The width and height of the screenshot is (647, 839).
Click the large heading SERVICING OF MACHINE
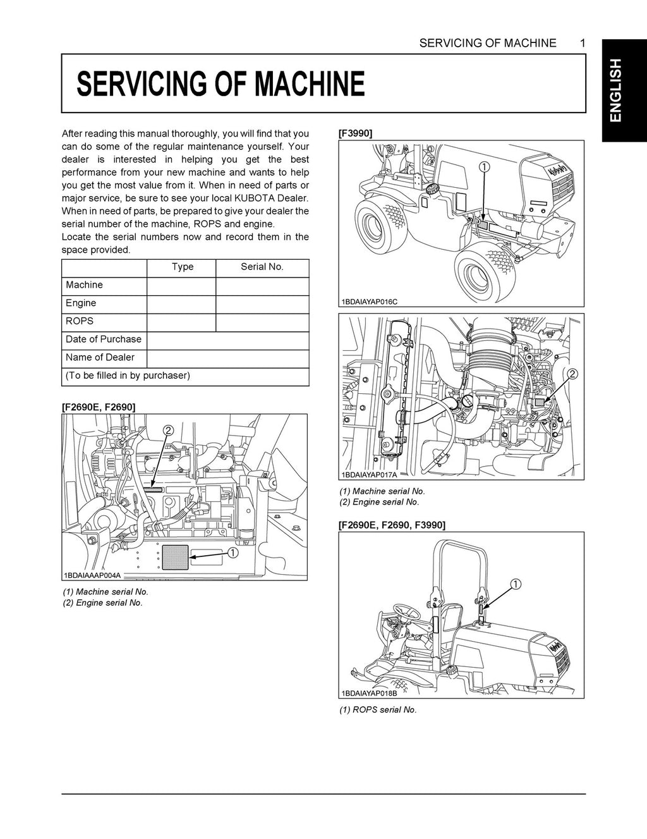[x=221, y=83]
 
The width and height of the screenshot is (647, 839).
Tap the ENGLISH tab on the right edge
[x=624, y=90]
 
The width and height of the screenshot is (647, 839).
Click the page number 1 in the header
[x=581, y=43]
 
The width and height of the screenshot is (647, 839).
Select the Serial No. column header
[x=262, y=267]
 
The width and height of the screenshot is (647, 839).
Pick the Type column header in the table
[x=182, y=267]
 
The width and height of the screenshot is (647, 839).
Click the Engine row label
[x=81, y=303]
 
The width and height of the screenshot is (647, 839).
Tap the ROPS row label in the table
[x=80, y=321]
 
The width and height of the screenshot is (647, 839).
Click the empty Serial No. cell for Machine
[x=262, y=286]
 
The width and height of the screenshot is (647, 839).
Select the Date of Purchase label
[x=104, y=340]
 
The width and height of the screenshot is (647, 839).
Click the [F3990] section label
[x=356, y=133]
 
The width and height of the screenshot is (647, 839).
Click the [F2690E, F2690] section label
[x=99, y=407]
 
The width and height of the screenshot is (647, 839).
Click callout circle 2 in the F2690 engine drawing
[x=168, y=431]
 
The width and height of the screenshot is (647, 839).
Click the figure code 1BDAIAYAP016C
[x=370, y=302]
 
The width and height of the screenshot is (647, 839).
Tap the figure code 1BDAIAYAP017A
[x=370, y=475]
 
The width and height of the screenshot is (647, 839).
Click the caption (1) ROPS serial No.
[x=378, y=710]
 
